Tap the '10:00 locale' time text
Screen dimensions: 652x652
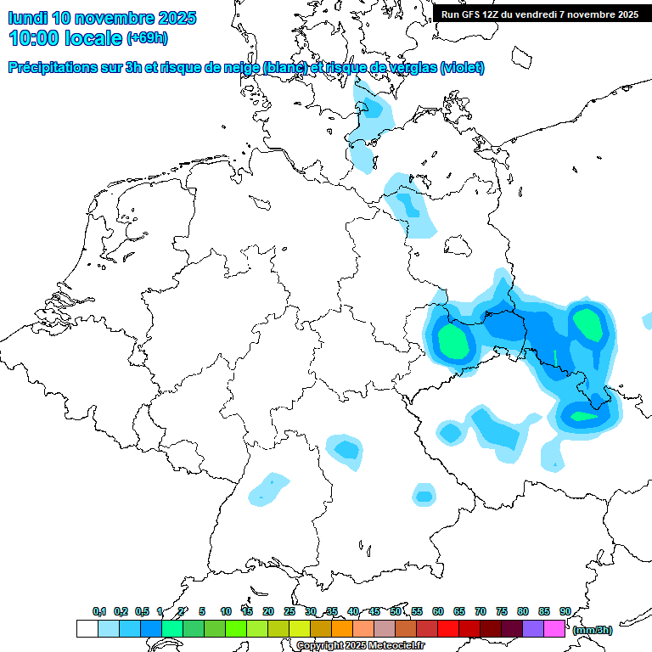click(65, 38)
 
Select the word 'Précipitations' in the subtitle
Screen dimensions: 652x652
click(50, 68)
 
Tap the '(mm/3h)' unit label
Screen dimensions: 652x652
click(592, 630)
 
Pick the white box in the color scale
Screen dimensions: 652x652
click(87, 628)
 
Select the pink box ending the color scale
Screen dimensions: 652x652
click(554, 628)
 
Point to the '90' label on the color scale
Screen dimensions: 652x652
click(565, 611)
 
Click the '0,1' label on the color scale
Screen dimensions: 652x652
click(99, 611)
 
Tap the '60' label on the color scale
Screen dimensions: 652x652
click(438, 611)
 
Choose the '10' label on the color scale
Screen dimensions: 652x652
click(226, 611)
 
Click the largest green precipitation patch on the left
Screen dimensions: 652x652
click(452, 341)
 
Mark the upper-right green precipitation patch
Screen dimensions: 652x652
click(587, 323)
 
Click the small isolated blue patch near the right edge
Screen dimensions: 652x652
click(647, 321)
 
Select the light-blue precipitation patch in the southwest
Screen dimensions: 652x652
click(269, 488)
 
